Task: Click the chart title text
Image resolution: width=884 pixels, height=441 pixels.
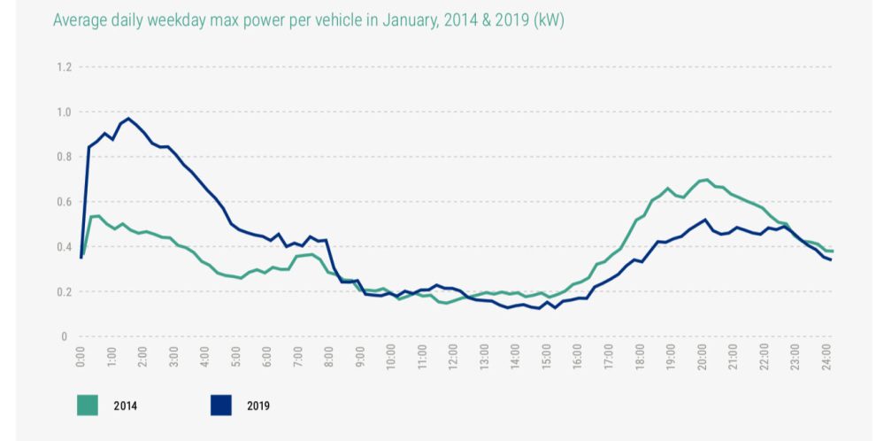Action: pyautogui.click(x=308, y=20)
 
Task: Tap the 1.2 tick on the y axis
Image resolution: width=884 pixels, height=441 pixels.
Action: pyautogui.click(x=64, y=67)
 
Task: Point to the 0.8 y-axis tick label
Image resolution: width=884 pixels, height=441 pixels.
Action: pyautogui.click(x=64, y=158)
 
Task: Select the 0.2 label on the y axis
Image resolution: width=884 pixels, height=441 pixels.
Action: pyautogui.click(x=64, y=292)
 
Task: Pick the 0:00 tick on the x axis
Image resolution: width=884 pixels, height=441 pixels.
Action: pyautogui.click(x=81, y=357)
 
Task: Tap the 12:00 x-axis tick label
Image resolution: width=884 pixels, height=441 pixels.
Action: pyautogui.click(x=453, y=359)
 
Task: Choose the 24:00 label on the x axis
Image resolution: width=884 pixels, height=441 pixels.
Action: pyautogui.click(x=826, y=359)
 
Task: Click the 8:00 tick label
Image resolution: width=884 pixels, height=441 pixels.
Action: pyautogui.click(x=329, y=357)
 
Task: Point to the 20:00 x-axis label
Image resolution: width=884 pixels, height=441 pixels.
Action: pyautogui.click(x=702, y=359)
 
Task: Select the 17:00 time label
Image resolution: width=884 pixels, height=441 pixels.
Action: pyautogui.click(x=609, y=359)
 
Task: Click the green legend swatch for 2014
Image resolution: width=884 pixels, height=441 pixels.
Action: pyautogui.click(x=88, y=406)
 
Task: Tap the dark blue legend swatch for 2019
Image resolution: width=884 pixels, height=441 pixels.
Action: pyautogui.click(x=220, y=406)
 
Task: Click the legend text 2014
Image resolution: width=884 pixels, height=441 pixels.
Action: pyautogui.click(x=125, y=406)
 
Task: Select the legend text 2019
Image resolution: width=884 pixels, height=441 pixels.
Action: pyautogui.click(x=258, y=406)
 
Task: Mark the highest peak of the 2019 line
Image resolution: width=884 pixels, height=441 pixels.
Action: pyautogui.click(x=128, y=118)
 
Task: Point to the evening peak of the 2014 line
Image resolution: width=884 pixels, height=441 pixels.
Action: pyautogui.click(x=705, y=180)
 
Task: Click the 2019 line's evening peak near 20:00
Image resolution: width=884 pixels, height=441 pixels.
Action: pyautogui.click(x=704, y=220)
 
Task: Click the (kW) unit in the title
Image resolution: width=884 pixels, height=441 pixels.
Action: pyautogui.click(x=548, y=20)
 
